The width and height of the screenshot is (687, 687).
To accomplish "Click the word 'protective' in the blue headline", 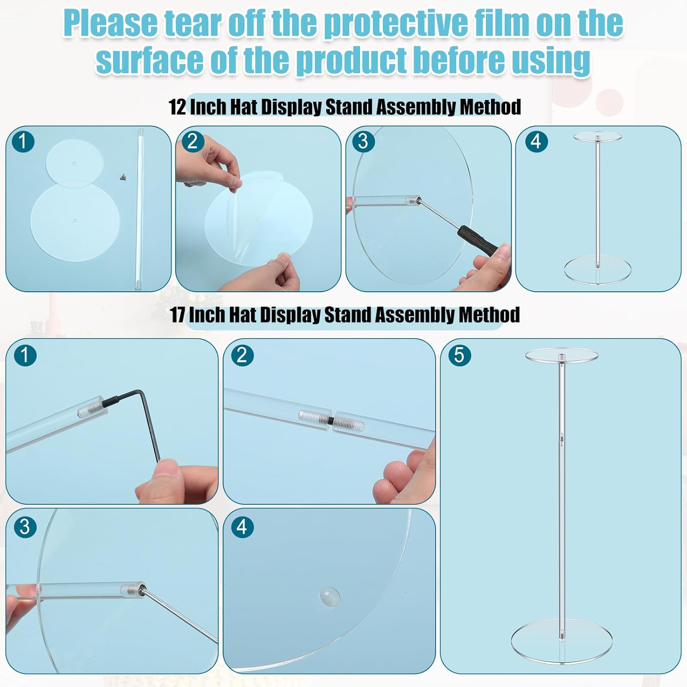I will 397,24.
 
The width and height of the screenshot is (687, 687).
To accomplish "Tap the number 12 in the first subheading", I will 177,107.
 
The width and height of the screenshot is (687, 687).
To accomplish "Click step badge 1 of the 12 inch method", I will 23,141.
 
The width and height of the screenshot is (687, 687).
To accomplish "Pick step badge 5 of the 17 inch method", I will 459,355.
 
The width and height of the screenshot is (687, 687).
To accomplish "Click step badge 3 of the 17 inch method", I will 25,527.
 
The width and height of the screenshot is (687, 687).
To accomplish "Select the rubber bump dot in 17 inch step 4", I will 330,596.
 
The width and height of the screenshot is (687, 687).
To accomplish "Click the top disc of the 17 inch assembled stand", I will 562,356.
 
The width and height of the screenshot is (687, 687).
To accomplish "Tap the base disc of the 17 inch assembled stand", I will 562,640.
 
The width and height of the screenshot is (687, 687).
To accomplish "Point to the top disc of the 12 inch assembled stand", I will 597,136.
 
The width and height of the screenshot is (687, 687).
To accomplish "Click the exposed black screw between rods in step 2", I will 330,419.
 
